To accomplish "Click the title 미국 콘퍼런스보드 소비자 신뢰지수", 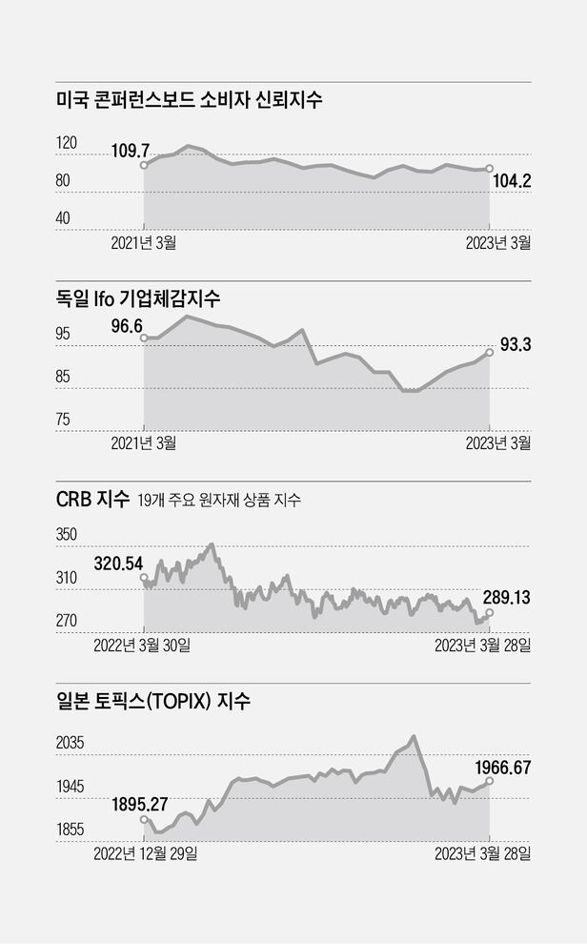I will click(x=190, y=99).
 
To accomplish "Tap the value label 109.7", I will click(x=132, y=150).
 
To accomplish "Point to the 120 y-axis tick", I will click(x=67, y=143).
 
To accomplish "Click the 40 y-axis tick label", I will click(x=63, y=218).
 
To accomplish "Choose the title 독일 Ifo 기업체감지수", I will click(x=138, y=298).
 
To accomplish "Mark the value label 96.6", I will click(x=133, y=325).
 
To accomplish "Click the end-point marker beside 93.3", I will click(x=490, y=352).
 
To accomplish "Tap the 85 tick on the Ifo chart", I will click(x=63, y=377).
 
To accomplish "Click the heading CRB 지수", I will click(x=91, y=500).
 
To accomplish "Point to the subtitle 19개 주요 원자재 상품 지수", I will click(x=219, y=501).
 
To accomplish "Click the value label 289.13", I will click(x=507, y=598).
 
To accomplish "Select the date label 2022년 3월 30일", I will click(x=142, y=646).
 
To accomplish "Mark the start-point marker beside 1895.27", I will click(x=144, y=819).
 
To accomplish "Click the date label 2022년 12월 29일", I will click(x=146, y=853).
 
